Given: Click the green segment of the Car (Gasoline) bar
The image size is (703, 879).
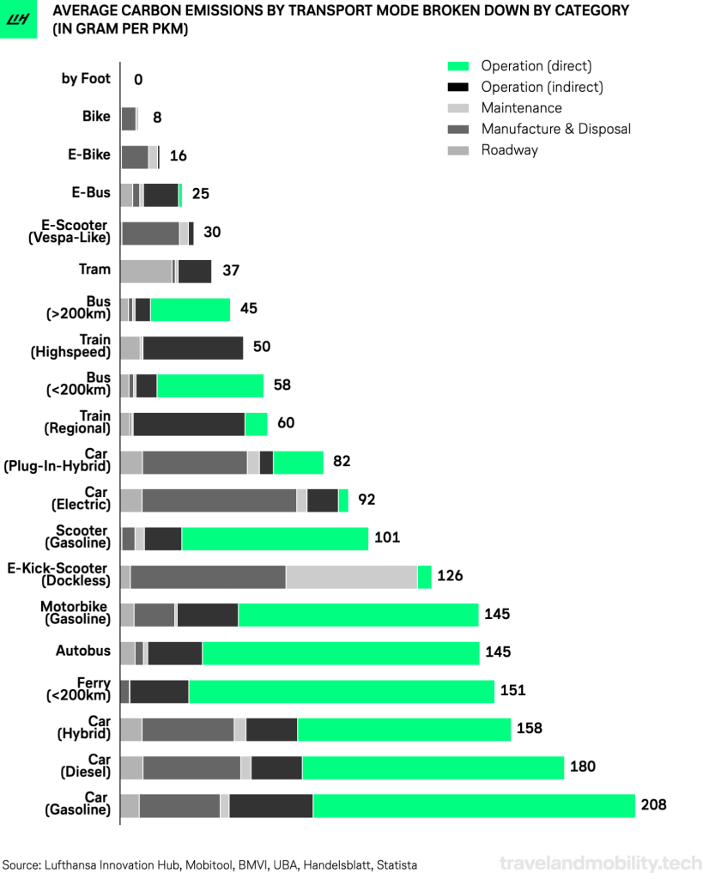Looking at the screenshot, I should click(x=474, y=806).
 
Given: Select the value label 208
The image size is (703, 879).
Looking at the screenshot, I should click(x=653, y=805).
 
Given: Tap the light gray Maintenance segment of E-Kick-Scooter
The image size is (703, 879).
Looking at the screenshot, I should click(x=351, y=577).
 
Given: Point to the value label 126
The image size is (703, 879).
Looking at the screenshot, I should click(x=450, y=576).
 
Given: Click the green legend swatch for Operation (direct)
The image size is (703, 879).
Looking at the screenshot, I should click(x=458, y=66).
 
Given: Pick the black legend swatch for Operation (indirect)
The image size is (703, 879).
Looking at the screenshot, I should click(x=458, y=87).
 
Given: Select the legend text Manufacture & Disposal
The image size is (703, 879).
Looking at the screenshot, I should click(x=555, y=129).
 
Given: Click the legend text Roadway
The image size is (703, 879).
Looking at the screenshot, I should click(x=509, y=150).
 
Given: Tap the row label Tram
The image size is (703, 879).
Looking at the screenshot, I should click(x=94, y=270).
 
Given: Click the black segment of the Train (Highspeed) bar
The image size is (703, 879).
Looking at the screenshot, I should click(x=193, y=348).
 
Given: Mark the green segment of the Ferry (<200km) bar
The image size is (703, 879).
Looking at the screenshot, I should click(x=341, y=691).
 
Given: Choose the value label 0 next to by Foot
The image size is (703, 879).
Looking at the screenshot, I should click(x=138, y=80).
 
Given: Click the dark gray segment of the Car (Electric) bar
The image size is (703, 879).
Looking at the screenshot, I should click(x=219, y=500).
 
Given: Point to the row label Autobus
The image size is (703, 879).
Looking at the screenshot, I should click(x=83, y=652).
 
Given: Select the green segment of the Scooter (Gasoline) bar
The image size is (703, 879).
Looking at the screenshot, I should click(x=275, y=539).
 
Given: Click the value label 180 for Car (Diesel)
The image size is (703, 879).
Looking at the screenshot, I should click(x=583, y=767).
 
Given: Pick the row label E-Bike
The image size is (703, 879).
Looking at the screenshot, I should click(x=89, y=155).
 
